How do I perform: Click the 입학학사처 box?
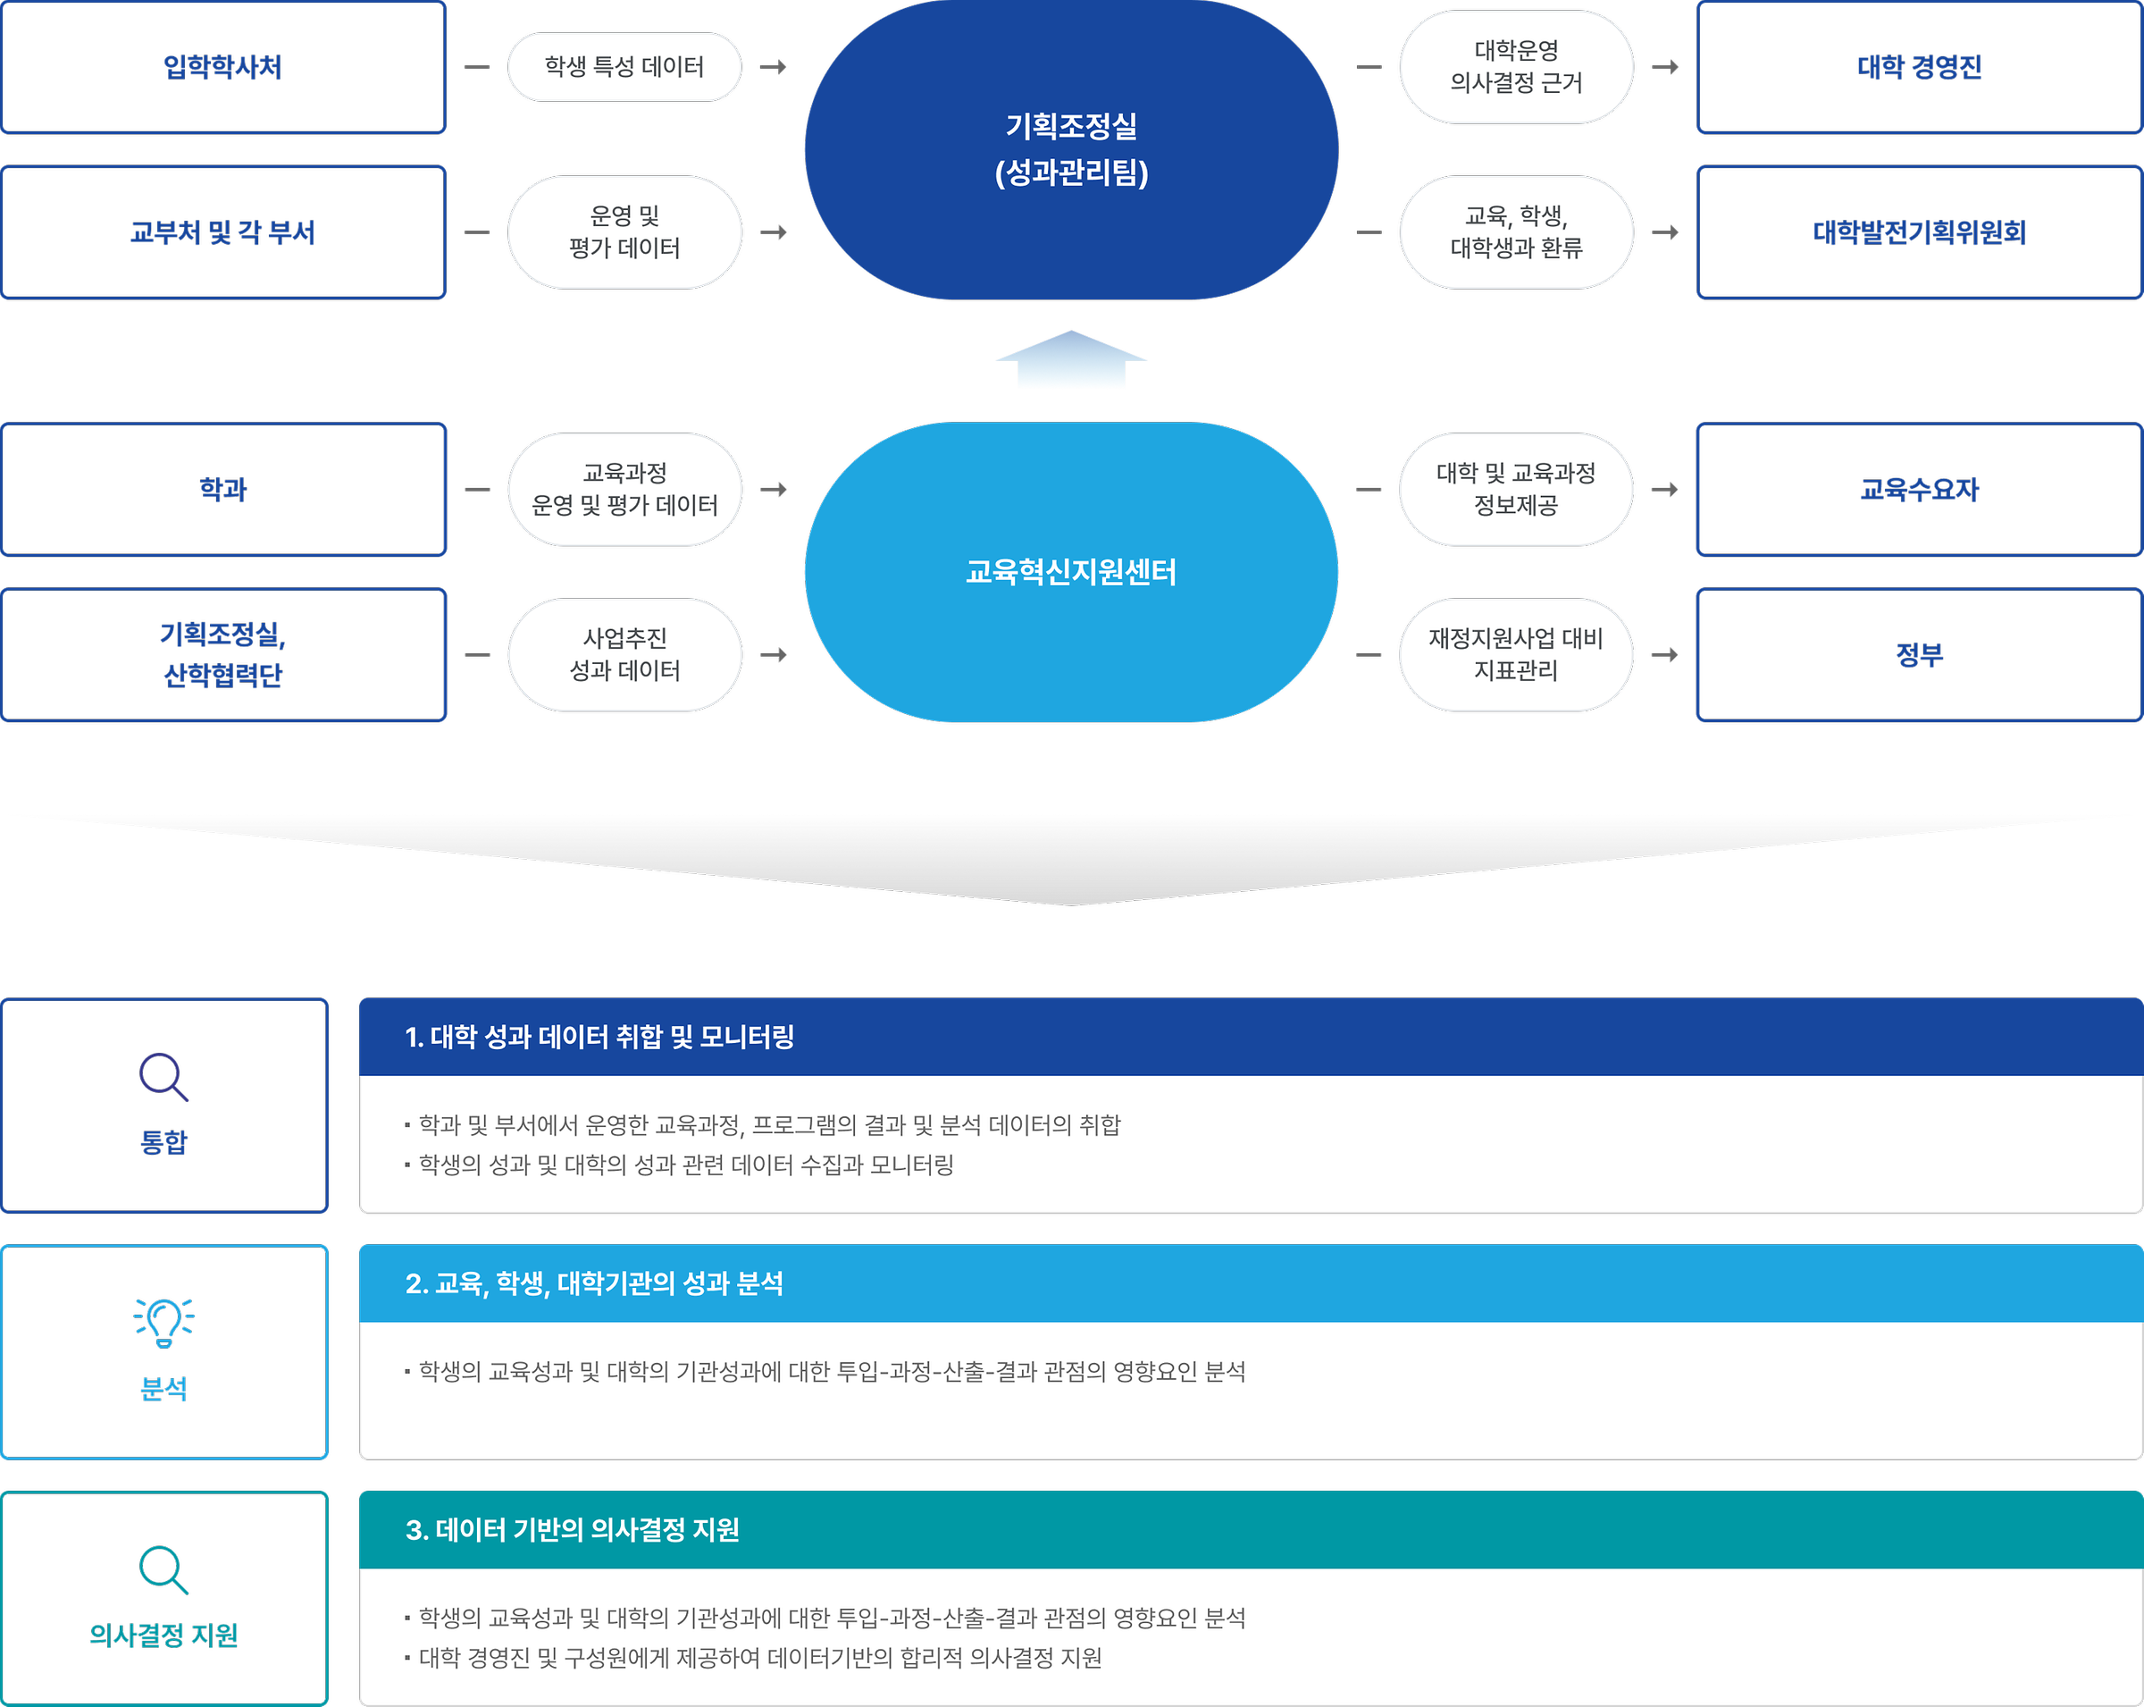click(x=222, y=67)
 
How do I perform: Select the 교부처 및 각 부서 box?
click(x=222, y=231)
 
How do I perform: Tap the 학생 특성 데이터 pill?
click(x=624, y=67)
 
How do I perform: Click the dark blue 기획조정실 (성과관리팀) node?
click(x=1071, y=149)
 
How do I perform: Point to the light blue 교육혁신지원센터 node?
click(x=1071, y=572)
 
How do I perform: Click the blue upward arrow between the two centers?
click(x=1071, y=360)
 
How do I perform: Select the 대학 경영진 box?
click(x=1918, y=67)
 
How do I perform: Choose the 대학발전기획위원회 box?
click(x=1918, y=231)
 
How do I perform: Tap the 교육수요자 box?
click(x=1918, y=490)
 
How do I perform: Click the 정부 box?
click(x=1918, y=654)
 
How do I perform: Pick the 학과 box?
click(x=222, y=490)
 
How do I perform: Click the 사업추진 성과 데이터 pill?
click(x=624, y=654)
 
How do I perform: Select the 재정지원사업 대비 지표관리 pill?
click(x=1515, y=654)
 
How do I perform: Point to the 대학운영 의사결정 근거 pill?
click(x=1515, y=67)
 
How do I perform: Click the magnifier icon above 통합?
click(x=164, y=1077)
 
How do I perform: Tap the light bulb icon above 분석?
click(x=164, y=1322)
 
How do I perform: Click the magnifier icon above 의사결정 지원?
click(x=164, y=1569)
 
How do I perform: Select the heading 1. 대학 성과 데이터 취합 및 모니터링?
click(x=599, y=1038)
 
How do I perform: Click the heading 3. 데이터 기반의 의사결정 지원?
click(x=573, y=1530)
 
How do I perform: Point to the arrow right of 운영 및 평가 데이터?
click(x=774, y=232)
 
